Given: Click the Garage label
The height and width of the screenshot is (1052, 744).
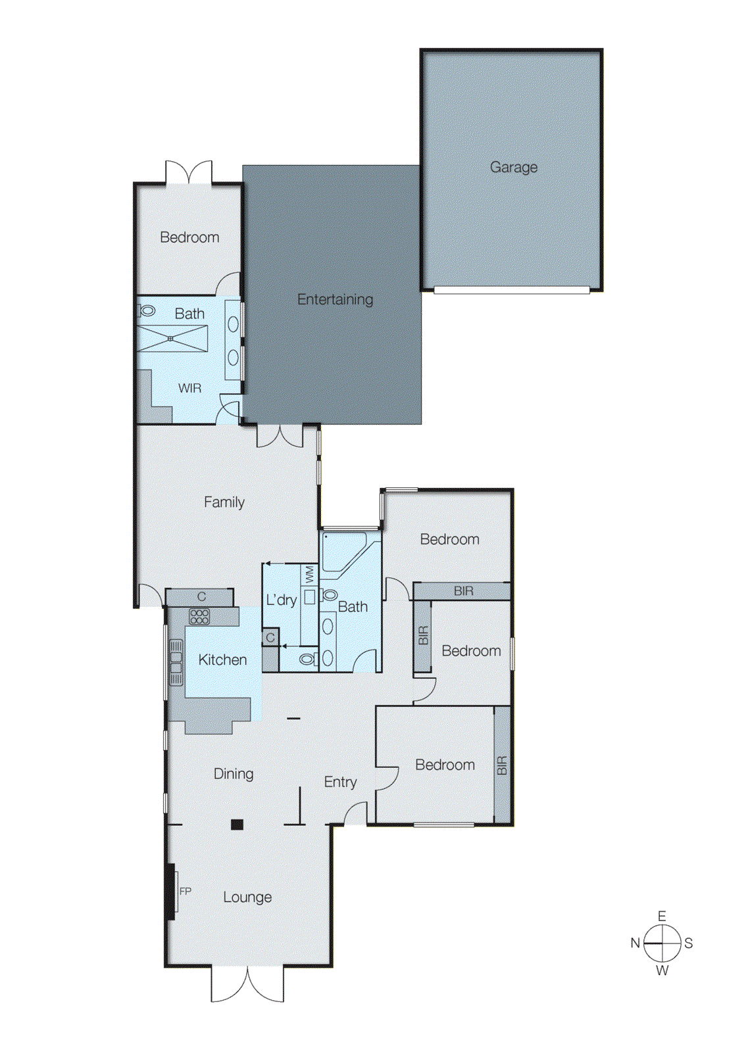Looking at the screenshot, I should coord(513,167).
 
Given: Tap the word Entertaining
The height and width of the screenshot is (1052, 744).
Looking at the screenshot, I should coord(335,299).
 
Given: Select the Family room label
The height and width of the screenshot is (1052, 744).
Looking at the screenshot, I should coord(224,502).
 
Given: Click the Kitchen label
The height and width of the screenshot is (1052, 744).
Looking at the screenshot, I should coord(222,659).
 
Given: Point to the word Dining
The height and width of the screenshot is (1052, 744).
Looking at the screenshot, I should coord(233,774).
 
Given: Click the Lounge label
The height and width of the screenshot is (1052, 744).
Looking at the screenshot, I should coord(247,897).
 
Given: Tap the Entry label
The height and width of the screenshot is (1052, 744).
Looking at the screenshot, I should coord(340,782).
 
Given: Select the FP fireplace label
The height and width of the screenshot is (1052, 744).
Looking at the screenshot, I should coord(186,892).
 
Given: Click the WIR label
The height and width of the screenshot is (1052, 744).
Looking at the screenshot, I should coord(189,389).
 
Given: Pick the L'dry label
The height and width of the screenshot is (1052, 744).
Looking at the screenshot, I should coord(281,600).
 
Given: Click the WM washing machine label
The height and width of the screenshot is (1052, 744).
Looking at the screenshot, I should coord(309,575).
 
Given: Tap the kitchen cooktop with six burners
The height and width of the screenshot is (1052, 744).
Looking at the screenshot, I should coord(199,616).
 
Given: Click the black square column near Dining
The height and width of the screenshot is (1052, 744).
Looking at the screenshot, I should coord(237,825).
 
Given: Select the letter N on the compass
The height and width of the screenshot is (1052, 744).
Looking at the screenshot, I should coord(635,943).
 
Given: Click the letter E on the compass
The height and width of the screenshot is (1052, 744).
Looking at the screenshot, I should coord(662,916).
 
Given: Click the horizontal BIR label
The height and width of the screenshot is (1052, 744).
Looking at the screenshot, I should coord(463,591).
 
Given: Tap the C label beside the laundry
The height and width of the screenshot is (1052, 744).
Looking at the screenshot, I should coord(270,638).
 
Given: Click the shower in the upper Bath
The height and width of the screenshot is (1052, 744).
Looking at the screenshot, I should coord(172,339).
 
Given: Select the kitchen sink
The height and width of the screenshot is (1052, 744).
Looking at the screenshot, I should coord(176,663).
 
